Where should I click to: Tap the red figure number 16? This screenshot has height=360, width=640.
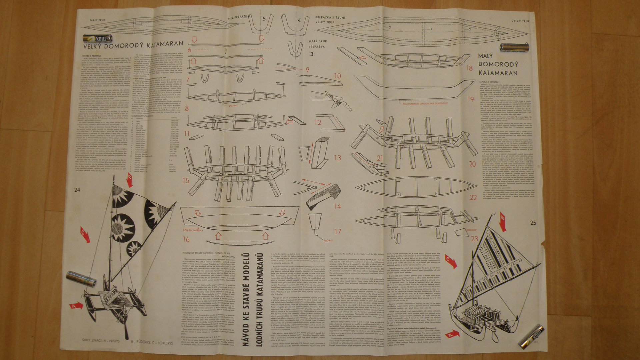coord(186,239)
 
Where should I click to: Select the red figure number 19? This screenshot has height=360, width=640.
coord(470,99)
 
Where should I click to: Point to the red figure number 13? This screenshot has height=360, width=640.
coord(337,157)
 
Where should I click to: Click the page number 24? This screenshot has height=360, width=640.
coord(77,190)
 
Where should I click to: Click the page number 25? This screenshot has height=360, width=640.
coord(533,223)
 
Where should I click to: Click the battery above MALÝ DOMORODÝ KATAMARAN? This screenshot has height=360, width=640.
coord(514,48)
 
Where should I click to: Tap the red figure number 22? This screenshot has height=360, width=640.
coord(473,197)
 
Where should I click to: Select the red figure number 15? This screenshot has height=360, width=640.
coord(186,180)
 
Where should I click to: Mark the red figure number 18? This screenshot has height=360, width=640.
coord(469,68)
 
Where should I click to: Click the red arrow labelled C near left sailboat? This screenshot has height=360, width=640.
coord(85,235)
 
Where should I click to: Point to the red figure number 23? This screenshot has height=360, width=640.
coord(474,239)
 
